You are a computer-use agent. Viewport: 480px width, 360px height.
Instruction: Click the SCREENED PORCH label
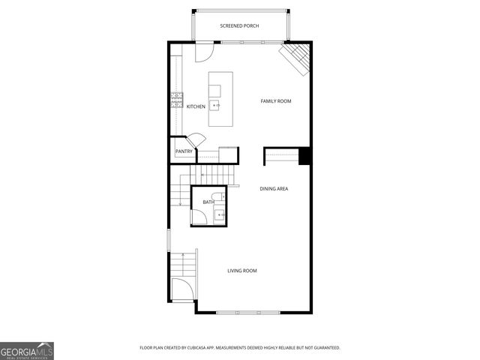coord(239,26)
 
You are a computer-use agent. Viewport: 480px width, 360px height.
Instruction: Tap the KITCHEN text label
coord(196,106)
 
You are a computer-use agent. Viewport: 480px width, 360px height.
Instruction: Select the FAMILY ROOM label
coord(275,101)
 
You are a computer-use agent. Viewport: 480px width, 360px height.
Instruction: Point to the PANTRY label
coord(184,151)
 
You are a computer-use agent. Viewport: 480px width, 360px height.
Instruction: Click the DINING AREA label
coord(274,189)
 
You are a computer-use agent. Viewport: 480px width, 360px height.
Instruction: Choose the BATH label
coord(208,202)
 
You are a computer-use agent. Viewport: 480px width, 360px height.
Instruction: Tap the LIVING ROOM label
coord(242,271)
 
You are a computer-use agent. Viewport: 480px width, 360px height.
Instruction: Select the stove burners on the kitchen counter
coord(176,100)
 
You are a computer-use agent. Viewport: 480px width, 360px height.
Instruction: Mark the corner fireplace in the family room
coord(296,58)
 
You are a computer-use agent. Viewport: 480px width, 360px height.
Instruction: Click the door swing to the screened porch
coord(203,52)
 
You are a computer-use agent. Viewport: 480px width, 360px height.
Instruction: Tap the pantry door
coord(196,140)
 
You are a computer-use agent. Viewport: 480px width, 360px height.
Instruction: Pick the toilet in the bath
coord(217,197)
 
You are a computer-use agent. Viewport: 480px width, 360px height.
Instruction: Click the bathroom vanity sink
coord(220,215)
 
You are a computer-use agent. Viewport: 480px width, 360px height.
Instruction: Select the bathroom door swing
coord(199,217)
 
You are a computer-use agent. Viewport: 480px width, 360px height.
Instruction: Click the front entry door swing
coord(181,289)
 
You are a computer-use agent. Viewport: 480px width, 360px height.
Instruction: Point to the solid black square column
coord(304,156)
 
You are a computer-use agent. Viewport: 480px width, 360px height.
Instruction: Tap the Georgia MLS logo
coord(27,351)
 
